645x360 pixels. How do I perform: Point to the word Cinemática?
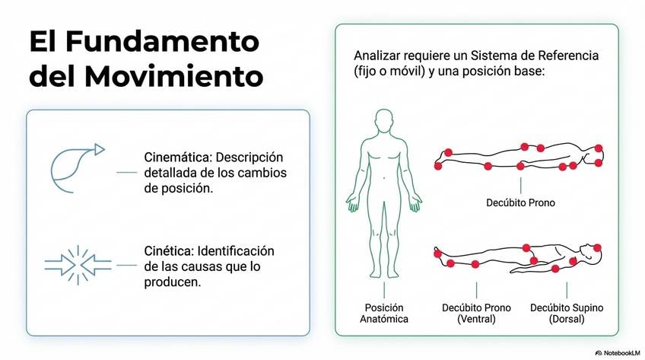tap(178, 158)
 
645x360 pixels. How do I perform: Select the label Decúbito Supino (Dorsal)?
tap(567, 313)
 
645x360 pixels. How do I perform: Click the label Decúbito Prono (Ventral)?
tap(476, 313)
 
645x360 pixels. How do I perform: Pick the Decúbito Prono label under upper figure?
tap(520, 203)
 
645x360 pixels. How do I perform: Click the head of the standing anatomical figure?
tap(384, 121)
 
